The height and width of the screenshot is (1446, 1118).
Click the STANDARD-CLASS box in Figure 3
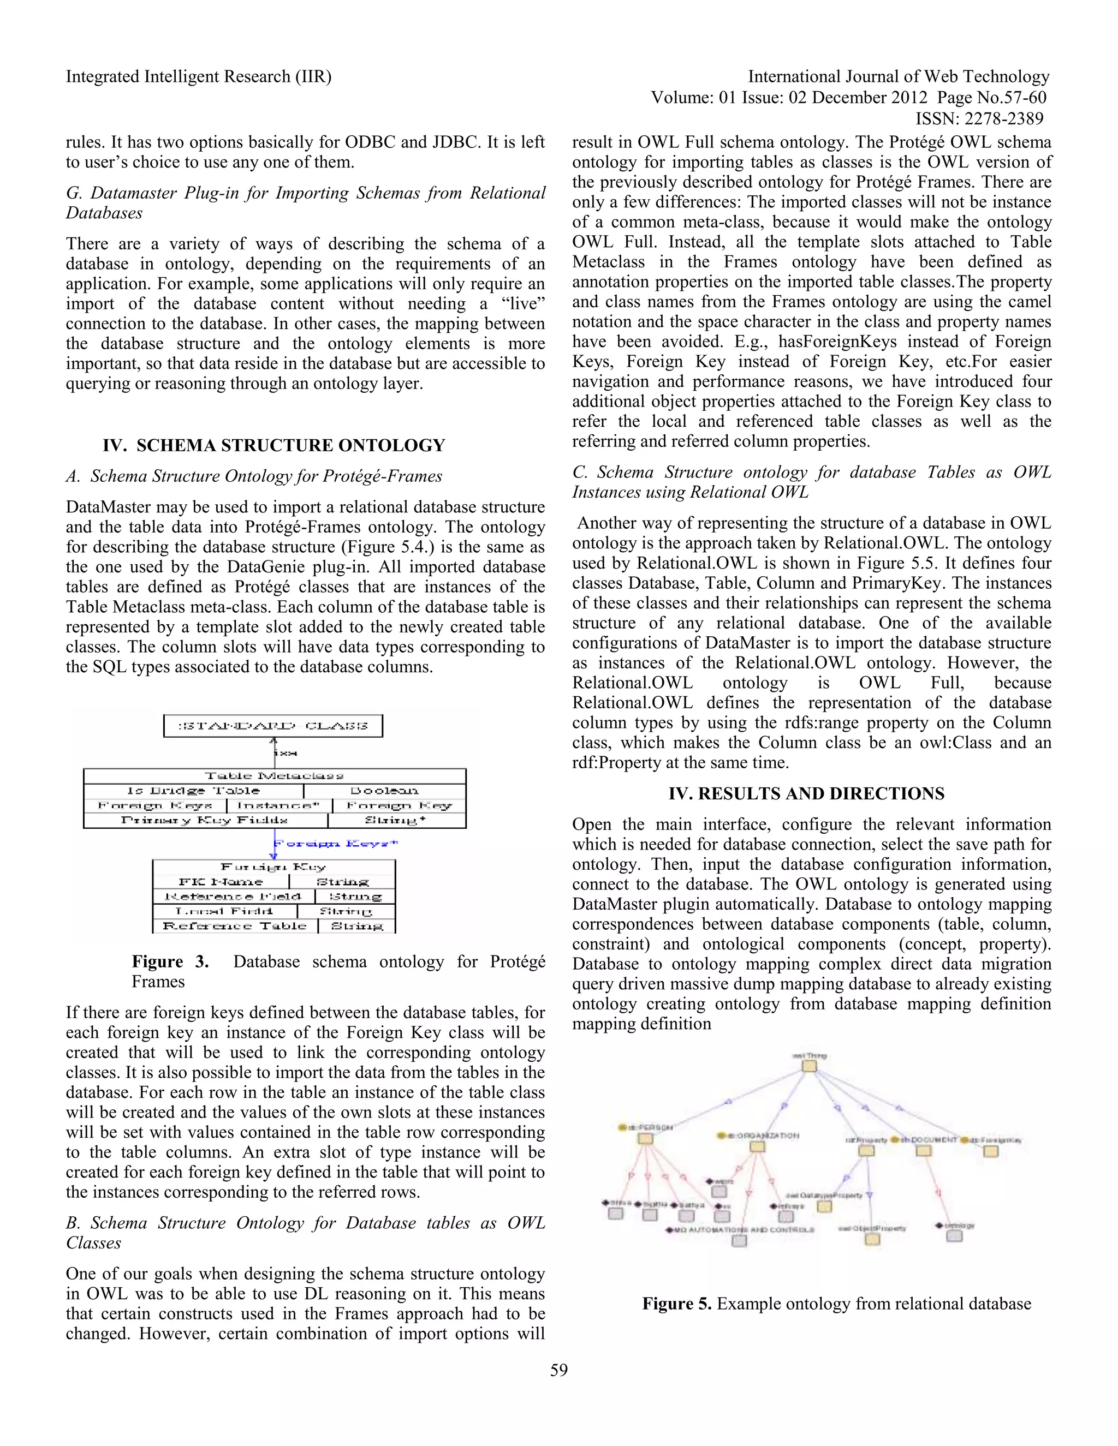pos(273,726)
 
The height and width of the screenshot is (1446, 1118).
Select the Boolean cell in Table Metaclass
pos(384,791)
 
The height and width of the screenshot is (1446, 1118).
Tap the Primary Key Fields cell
pos(205,820)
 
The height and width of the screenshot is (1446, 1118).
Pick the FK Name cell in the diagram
pos(221,882)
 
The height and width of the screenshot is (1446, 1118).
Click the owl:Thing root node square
pos(808,1067)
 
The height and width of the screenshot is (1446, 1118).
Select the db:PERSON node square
pos(645,1139)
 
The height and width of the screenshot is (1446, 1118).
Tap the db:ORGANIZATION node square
pos(758,1146)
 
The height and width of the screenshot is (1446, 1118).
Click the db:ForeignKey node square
pos(990,1151)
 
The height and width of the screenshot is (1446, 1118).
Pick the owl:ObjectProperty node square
pos(872,1239)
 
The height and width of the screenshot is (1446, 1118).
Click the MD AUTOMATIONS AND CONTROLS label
pos(740,1229)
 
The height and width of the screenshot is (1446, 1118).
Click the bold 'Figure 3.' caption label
pos(170,961)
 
